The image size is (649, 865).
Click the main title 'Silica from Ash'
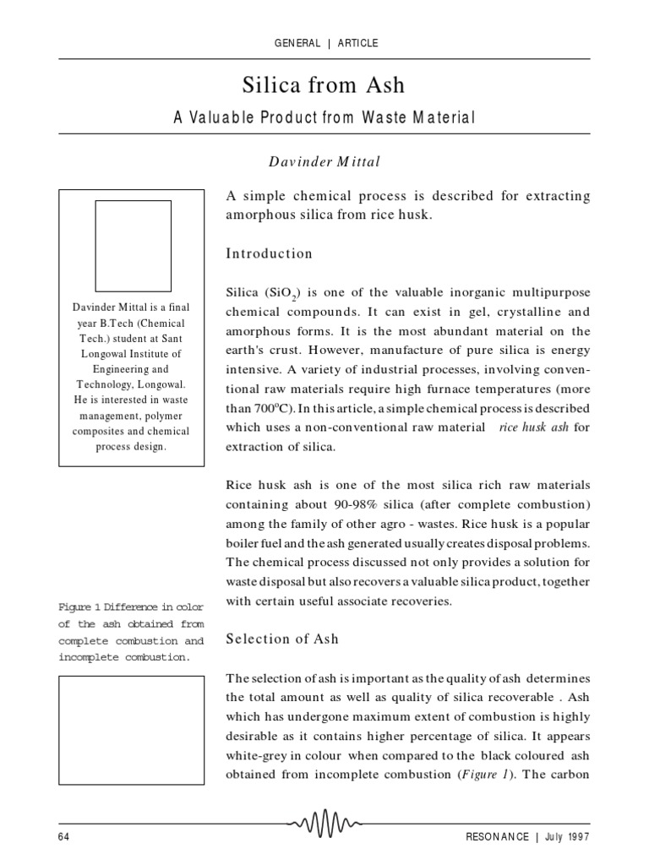(324, 84)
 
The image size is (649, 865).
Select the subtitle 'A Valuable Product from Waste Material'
(324, 117)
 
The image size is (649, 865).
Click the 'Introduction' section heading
(268, 253)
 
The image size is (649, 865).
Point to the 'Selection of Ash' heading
(282, 639)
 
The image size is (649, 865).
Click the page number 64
(64, 835)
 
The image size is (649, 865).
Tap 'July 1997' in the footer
(565, 835)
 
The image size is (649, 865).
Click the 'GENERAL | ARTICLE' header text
(324, 43)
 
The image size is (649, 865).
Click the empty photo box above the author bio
(133, 246)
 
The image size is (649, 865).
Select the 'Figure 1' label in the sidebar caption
(79, 607)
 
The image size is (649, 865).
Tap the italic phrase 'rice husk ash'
(535, 427)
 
